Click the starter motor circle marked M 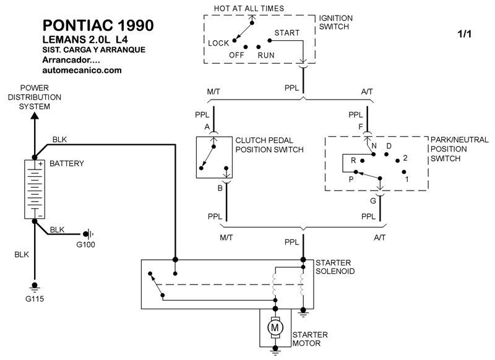(275, 325)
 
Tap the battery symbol (35, 189)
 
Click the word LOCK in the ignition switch (218, 43)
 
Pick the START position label (286, 32)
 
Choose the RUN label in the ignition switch (266, 54)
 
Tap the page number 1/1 (464, 35)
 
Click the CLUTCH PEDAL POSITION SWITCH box (213, 158)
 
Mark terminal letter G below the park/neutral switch (372, 200)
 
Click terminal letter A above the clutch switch (207, 127)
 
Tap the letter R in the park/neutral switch (353, 160)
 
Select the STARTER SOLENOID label (335, 267)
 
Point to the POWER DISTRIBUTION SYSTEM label (34, 97)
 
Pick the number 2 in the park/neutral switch (405, 158)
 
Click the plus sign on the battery (40, 165)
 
